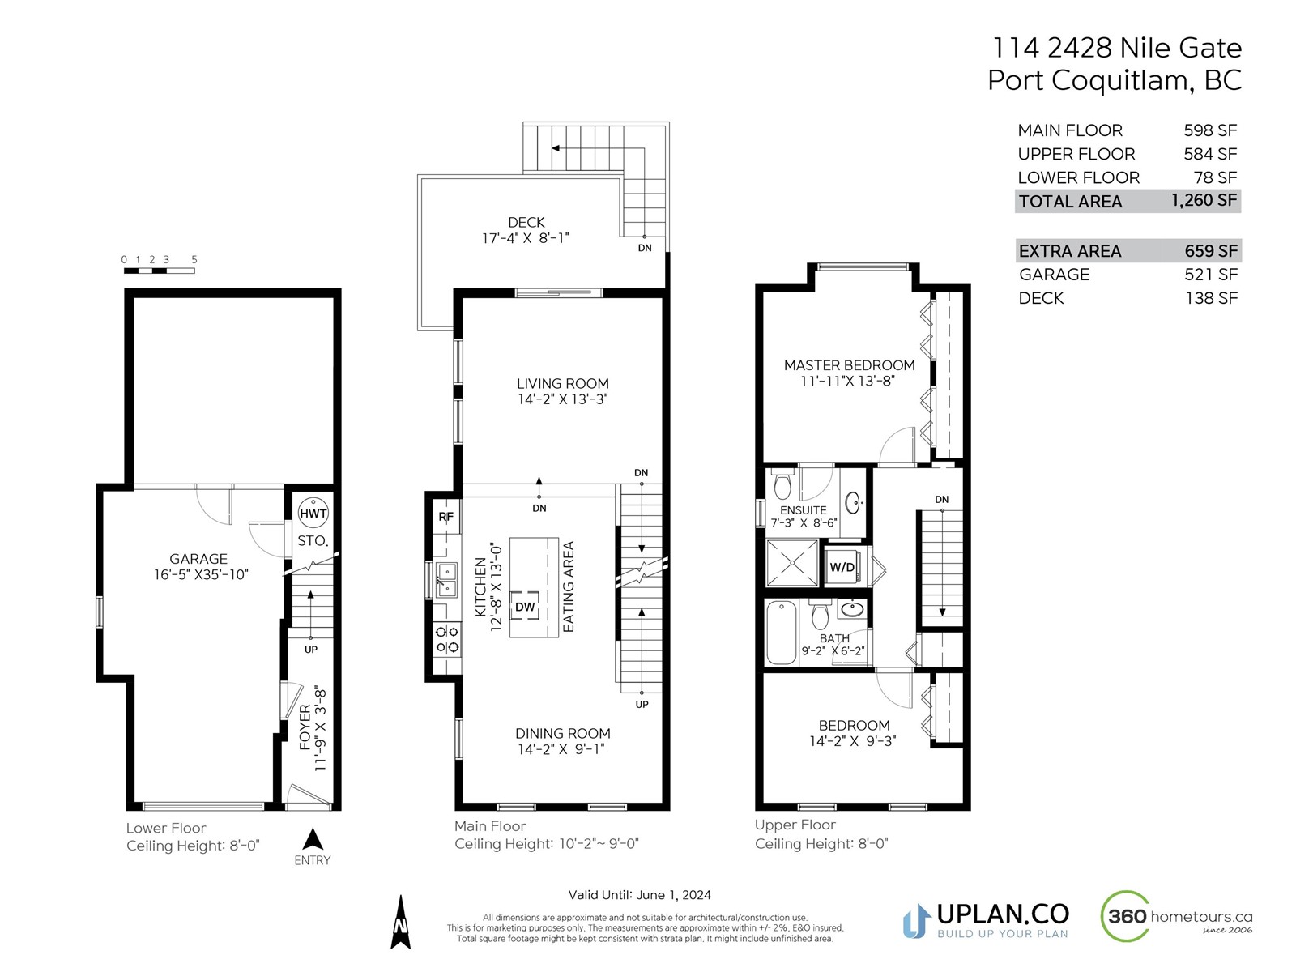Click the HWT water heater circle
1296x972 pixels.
tap(313, 512)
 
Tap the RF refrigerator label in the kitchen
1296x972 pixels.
tap(446, 517)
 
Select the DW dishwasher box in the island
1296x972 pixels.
tap(524, 606)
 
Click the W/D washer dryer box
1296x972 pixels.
tap(842, 566)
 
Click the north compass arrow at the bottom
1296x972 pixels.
tap(400, 922)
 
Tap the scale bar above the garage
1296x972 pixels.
tap(159, 271)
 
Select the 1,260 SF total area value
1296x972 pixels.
tap(1204, 200)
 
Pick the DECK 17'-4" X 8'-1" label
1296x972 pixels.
tap(526, 230)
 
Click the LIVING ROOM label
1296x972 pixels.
tap(562, 384)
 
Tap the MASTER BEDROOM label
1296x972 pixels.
tap(849, 365)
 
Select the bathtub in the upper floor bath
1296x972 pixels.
tap(781, 633)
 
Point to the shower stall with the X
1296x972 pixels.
tap(791, 564)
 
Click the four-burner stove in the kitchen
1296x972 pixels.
tap(447, 640)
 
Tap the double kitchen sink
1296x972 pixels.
tap(446, 579)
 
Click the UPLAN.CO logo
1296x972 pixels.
tap(986, 920)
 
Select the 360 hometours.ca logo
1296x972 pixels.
tap(1176, 916)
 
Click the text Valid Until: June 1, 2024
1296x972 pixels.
tap(639, 895)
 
